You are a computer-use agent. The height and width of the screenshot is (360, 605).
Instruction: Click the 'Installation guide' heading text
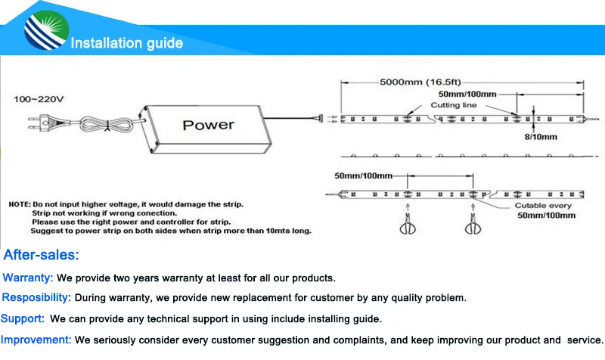tap(127, 43)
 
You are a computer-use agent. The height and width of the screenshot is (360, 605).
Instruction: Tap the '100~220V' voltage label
tap(39, 99)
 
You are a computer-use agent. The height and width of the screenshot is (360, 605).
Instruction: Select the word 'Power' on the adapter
tap(209, 125)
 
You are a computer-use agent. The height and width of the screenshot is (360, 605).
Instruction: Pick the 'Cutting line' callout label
tap(454, 105)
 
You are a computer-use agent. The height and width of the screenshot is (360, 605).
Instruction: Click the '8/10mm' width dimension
tap(541, 137)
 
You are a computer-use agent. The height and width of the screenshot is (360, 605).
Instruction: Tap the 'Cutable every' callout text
tap(544, 206)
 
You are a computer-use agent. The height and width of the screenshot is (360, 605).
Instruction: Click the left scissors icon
tap(408, 226)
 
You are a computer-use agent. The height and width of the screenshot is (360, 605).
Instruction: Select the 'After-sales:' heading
tap(42, 255)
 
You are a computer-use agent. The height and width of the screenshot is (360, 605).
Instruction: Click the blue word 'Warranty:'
tap(28, 278)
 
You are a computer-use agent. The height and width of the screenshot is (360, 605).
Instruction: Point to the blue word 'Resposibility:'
tap(37, 298)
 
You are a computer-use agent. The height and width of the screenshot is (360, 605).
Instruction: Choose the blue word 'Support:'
tap(23, 318)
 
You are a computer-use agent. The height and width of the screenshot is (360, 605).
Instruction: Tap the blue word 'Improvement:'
tap(36, 340)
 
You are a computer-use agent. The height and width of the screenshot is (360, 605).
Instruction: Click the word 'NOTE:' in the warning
tap(19, 205)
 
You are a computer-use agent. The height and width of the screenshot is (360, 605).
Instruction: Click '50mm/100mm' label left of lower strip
tap(363, 175)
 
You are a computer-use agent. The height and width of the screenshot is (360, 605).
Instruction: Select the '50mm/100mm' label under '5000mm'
tap(467, 94)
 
